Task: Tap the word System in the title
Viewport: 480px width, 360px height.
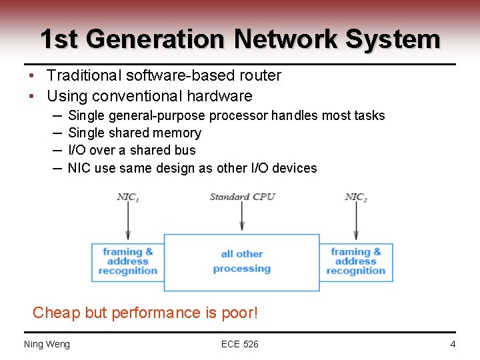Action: [x=393, y=39]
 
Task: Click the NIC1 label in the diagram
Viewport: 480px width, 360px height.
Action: [x=128, y=197]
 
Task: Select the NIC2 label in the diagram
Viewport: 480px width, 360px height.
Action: [x=356, y=197]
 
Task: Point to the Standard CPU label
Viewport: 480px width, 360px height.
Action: [x=242, y=197]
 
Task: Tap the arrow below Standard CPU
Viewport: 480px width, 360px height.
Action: [x=242, y=217]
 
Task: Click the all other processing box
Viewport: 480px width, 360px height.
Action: [x=241, y=261]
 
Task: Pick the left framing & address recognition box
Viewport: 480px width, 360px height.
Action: [x=128, y=261]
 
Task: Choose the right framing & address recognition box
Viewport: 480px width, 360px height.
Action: [x=356, y=261]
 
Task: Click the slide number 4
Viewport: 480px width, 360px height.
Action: [x=453, y=344]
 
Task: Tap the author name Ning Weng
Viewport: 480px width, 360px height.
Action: [x=47, y=344]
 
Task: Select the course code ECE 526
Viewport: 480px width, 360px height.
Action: [x=240, y=344]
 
